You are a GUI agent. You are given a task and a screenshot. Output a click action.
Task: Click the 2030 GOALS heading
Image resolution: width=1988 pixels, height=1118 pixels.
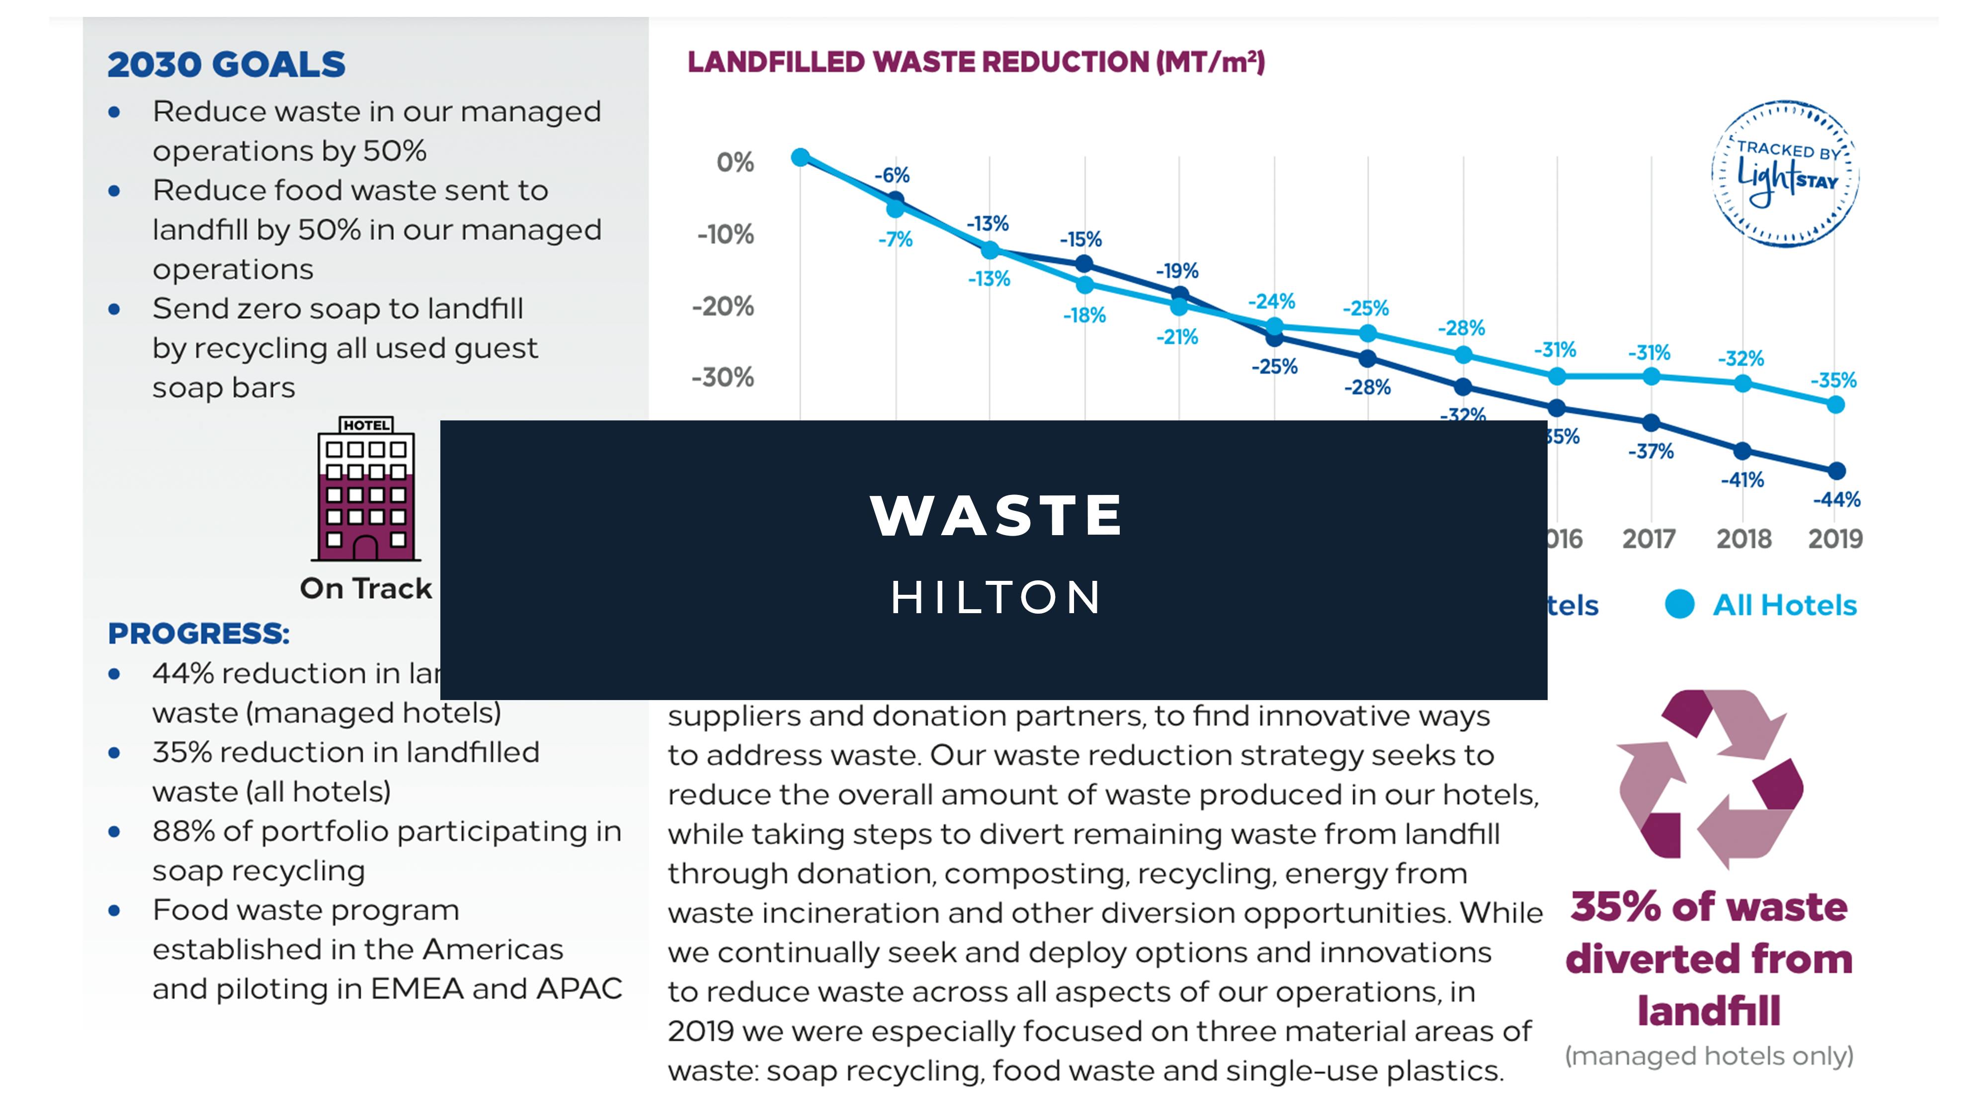(226, 64)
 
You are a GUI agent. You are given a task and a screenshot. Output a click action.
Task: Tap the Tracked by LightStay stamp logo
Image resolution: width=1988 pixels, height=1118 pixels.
(1785, 173)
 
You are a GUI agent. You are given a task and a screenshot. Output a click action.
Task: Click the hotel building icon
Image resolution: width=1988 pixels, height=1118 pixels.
(366, 489)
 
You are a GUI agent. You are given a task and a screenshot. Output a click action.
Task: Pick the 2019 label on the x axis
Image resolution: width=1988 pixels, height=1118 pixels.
(1835, 539)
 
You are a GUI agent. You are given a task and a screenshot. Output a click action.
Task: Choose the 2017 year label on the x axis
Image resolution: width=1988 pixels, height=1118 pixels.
(1649, 539)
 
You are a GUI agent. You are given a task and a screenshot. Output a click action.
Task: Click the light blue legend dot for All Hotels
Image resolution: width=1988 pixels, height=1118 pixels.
(1680, 604)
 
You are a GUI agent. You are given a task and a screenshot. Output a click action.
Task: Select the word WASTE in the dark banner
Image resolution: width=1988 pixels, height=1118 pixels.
(995, 515)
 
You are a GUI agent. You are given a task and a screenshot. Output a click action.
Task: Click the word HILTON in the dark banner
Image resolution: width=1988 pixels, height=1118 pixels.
(995, 597)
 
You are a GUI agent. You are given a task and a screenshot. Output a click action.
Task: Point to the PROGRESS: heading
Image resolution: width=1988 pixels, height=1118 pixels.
(198, 634)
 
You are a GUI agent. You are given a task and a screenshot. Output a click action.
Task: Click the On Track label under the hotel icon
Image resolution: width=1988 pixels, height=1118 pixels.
(366, 588)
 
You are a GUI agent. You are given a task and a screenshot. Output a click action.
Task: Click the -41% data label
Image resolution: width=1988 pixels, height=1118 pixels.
(1742, 480)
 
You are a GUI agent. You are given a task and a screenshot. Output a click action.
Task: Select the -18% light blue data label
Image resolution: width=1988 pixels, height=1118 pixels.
(1084, 315)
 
